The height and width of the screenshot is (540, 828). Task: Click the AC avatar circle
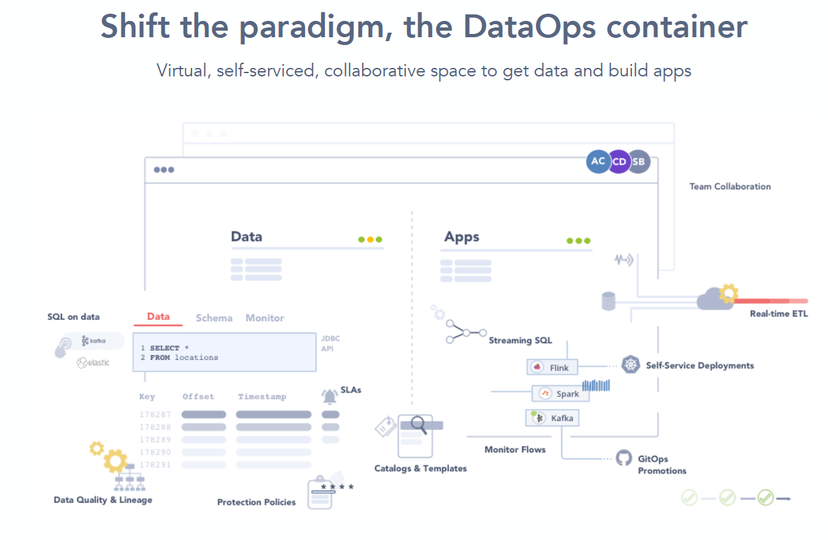coord(598,161)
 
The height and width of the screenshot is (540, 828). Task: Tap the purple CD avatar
coord(619,161)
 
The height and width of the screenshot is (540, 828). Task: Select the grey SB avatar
coord(639,161)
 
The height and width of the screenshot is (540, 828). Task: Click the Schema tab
coord(214,318)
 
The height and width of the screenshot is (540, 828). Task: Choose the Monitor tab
coord(265,318)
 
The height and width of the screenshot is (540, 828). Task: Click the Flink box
coord(552,368)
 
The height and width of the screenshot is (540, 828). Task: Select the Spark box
coord(560,393)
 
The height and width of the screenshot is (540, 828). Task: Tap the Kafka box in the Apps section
coord(552,418)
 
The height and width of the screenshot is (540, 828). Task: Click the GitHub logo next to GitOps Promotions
coord(624,458)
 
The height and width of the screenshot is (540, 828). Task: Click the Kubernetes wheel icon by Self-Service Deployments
coord(631,364)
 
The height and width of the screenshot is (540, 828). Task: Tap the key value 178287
coord(155,415)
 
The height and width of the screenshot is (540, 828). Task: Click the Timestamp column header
coord(262,397)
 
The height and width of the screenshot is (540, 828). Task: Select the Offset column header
coord(198,397)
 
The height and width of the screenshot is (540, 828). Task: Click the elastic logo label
coord(93,362)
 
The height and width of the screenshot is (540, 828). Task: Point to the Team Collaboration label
coord(730,187)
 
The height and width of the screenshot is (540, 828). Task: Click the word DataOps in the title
coord(529,27)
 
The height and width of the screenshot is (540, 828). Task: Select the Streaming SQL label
coord(520,341)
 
